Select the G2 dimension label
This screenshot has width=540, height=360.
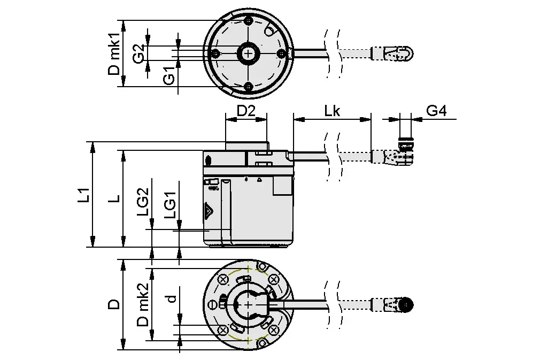pos(138,55)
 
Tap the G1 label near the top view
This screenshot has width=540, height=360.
pos(168,76)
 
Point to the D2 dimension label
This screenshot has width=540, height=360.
pos(246,111)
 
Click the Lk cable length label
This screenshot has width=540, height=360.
pos(332,111)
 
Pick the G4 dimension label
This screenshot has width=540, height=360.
pos(436,111)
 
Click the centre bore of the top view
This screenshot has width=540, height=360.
pos(249,53)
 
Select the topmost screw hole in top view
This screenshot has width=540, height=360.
pos(249,21)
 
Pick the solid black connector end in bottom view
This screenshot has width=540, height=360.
pos(408,305)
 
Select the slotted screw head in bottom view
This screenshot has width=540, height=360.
pos(213,304)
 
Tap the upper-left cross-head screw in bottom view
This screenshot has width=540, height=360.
pos(222,279)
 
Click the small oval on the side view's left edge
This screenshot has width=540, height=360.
pos(209,160)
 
